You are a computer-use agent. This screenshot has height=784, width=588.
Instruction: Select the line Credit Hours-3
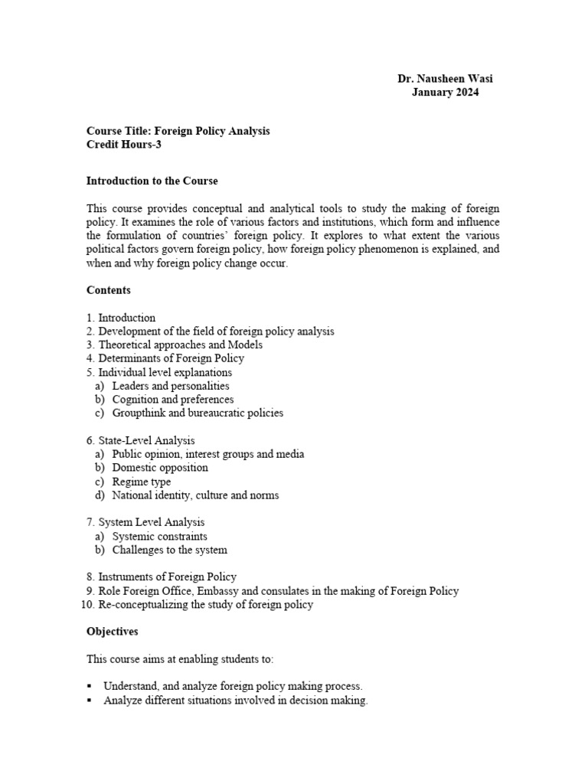pyautogui.click(x=123, y=145)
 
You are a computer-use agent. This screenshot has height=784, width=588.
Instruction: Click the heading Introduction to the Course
pyautogui.click(x=152, y=181)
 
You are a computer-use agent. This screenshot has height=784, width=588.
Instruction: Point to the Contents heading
pyautogui.click(x=109, y=290)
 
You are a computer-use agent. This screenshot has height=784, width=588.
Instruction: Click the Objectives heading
pyautogui.click(x=113, y=632)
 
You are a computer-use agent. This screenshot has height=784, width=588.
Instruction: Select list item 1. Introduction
pyautogui.click(x=126, y=318)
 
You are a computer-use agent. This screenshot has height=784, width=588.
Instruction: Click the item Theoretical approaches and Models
pyautogui.click(x=180, y=345)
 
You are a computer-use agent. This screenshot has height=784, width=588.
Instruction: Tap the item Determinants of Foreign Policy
pyautogui.click(x=171, y=358)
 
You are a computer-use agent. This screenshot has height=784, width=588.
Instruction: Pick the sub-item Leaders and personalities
pyautogui.click(x=171, y=386)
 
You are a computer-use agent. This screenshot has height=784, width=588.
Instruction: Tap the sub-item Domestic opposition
pyautogui.click(x=160, y=468)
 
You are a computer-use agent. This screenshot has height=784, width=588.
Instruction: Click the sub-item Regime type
pyautogui.click(x=142, y=482)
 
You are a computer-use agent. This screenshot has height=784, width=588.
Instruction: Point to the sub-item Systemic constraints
pyautogui.click(x=159, y=537)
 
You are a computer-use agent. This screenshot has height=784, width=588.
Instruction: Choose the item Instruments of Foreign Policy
pyautogui.click(x=167, y=577)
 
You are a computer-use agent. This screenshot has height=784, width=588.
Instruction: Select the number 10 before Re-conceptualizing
pyautogui.click(x=86, y=605)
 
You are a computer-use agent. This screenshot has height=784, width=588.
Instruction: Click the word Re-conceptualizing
pyautogui.click(x=144, y=605)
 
